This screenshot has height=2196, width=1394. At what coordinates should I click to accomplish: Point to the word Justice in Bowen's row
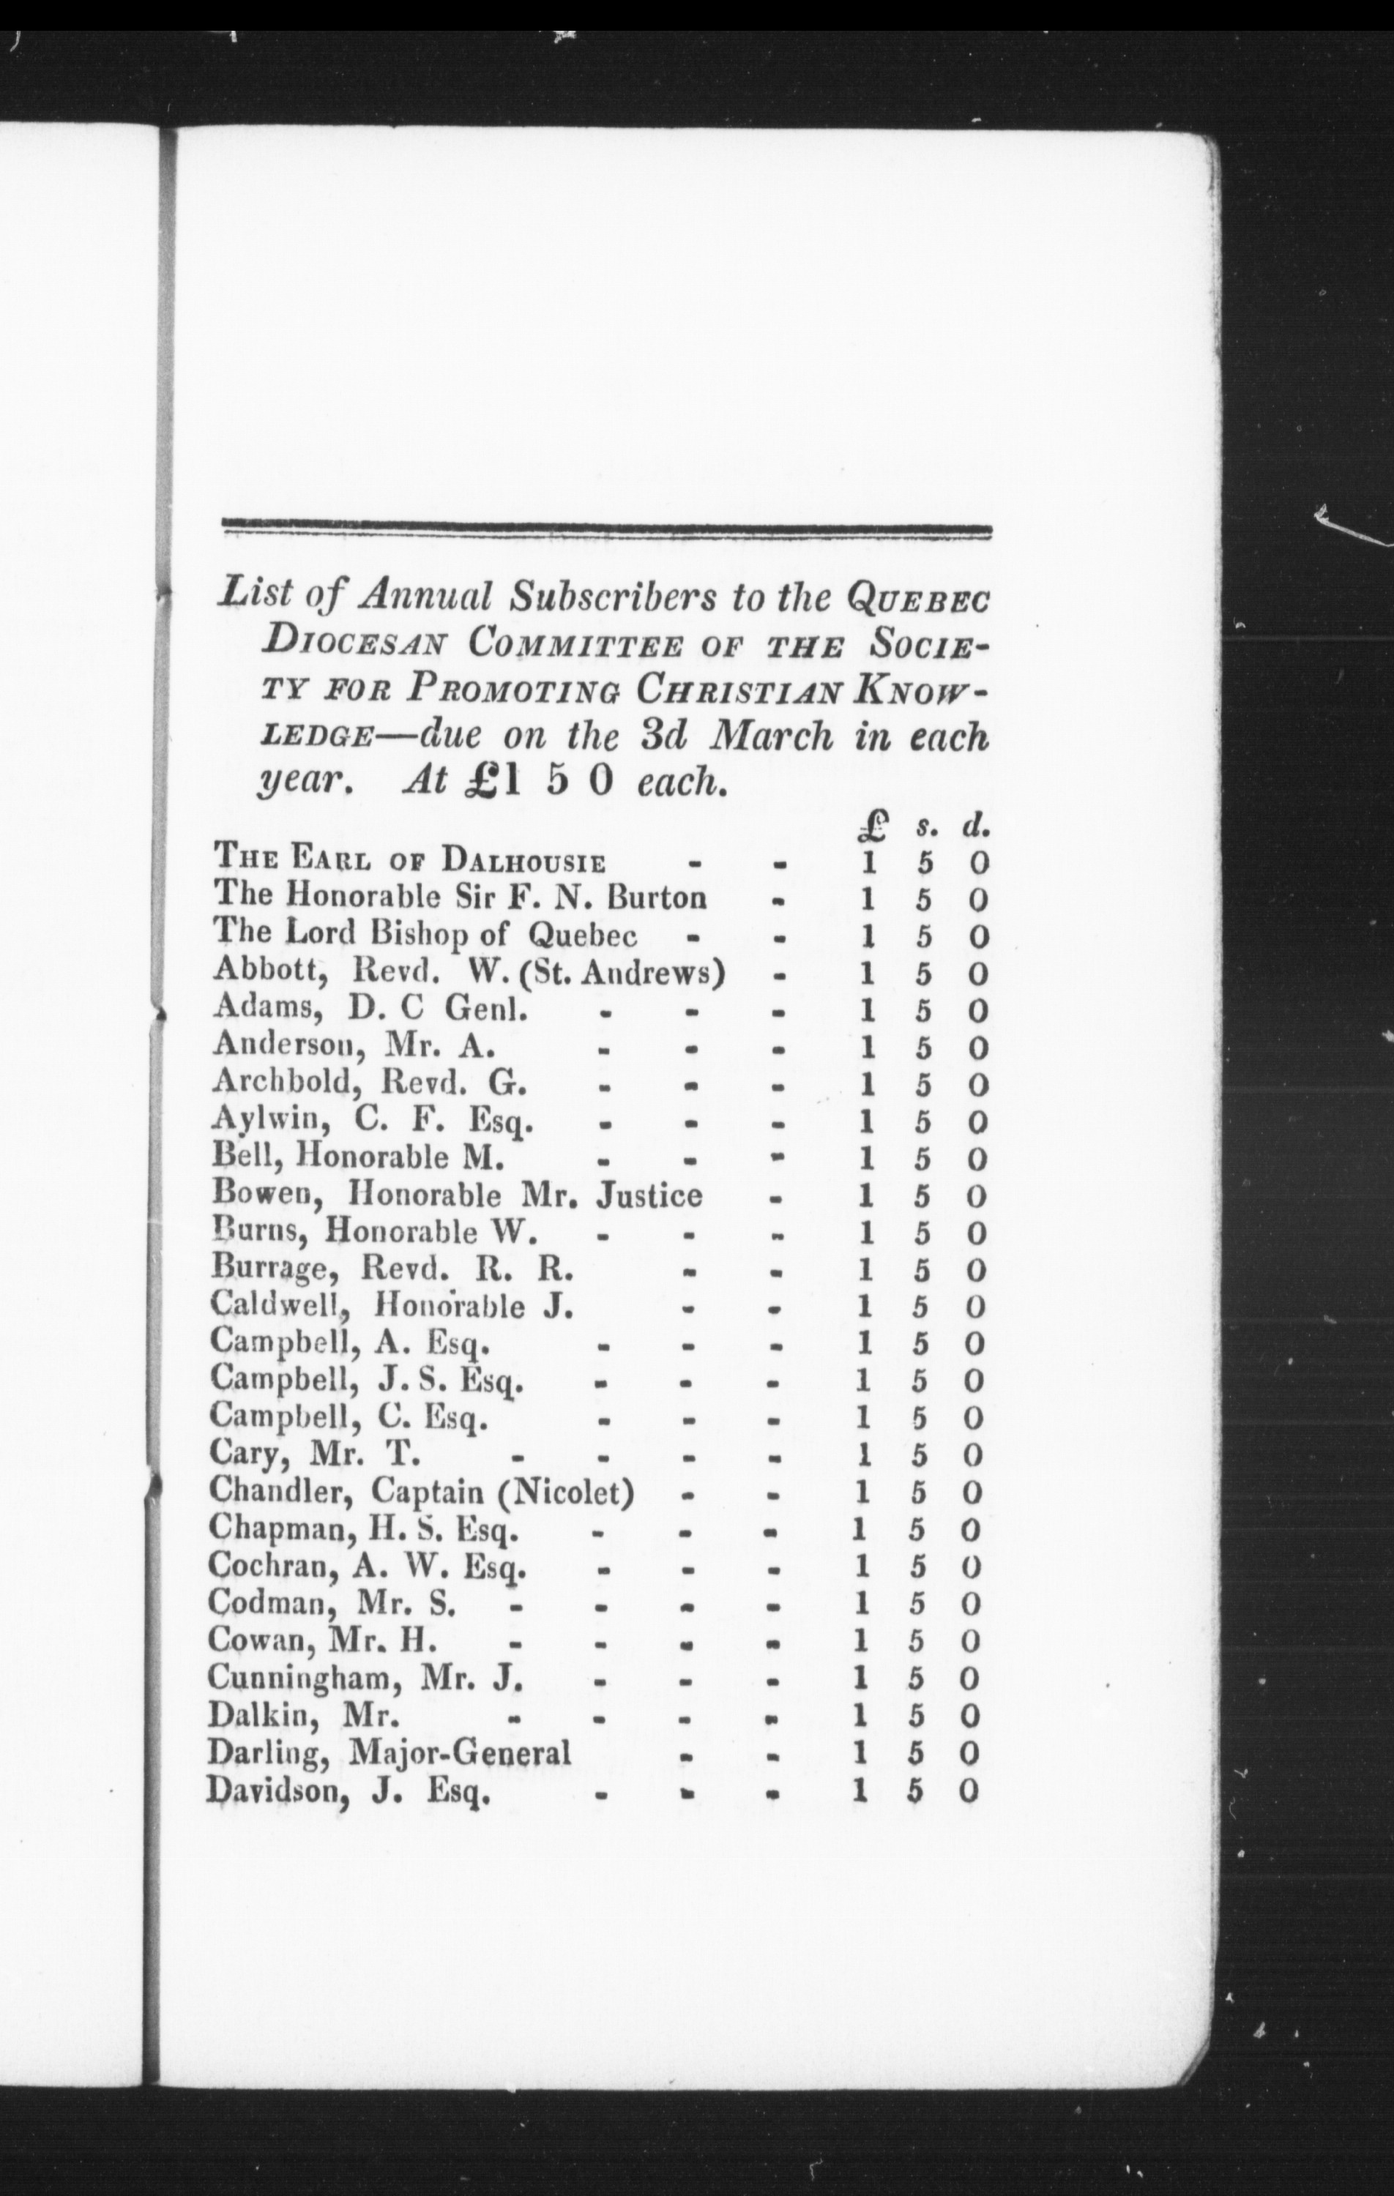(649, 1195)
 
